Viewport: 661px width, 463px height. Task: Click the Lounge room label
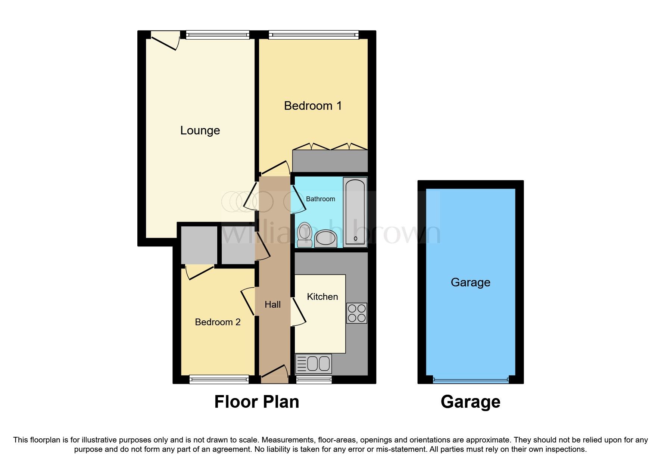click(x=200, y=130)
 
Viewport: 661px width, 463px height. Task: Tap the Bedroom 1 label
click(x=313, y=106)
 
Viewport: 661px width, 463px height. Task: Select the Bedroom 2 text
click(x=218, y=322)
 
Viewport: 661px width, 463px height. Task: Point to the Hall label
click(x=272, y=305)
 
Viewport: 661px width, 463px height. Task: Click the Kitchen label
click(x=322, y=297)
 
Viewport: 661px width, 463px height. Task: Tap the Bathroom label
click(x=320, y=199)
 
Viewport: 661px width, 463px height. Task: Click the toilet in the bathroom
click(x=304, y=234)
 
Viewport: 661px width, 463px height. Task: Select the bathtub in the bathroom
click(x=355, y=212)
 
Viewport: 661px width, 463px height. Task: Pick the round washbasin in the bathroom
click(x=325, y=238)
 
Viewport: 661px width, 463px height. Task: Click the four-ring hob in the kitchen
click(x=356, y=313)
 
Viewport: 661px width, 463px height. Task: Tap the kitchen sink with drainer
click(x=313, y=364)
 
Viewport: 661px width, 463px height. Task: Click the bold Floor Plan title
click(x=256, y=402)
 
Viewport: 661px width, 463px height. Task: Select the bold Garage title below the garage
click(x=470, y=402)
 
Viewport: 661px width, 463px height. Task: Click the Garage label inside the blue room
click(x=470, y=282)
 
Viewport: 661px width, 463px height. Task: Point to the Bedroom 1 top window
click(x=314, y=35)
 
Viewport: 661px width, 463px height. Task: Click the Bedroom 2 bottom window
click(x=219, y=380)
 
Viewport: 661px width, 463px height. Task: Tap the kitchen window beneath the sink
click(x=314, y=380)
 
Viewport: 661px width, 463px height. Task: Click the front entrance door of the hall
click(x=275, y=374)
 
